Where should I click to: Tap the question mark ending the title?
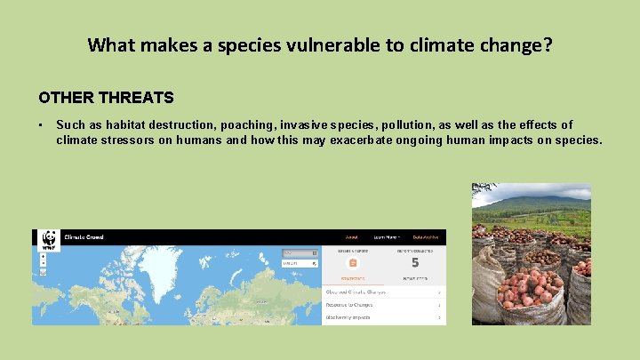pos(548,44)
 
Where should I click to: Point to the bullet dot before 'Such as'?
pos(41,125)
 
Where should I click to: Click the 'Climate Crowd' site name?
pos(84,238)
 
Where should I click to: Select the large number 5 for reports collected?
pos(415,262)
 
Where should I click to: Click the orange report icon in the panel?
pos(353,262)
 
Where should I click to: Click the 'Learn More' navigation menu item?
pos(386,237)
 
